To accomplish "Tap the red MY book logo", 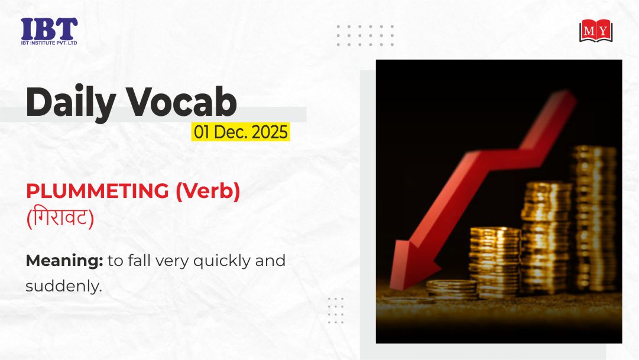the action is [x=596, y=31].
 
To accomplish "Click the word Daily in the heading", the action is [x=71, y=102].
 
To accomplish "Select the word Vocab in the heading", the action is [x=181, y=102].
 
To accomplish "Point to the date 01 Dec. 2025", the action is [x=241, y=132].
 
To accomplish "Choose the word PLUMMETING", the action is [x=98, y=191].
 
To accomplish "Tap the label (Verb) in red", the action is [x=208, y=191].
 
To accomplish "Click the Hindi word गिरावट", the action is [x=60, y=218].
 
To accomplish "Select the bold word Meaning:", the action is [x=64, y=261].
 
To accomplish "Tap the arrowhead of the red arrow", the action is [x=411, y=264].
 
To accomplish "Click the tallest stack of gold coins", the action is [x=593, y=218].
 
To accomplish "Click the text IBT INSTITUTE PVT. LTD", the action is [x=49, y=43].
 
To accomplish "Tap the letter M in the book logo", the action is [x=589, y=31].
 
